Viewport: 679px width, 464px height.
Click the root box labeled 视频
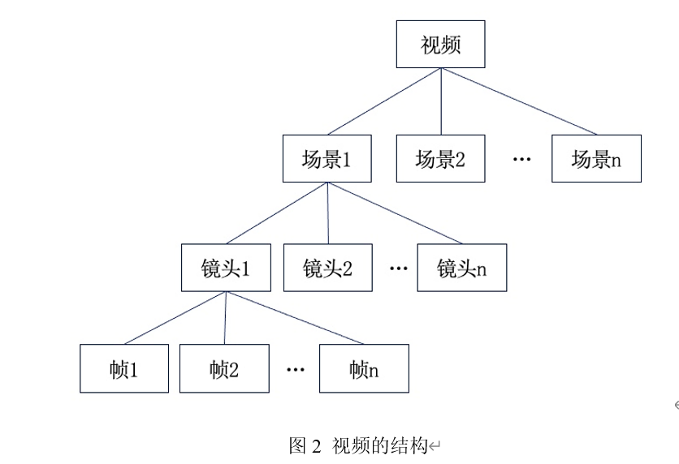[440, 45]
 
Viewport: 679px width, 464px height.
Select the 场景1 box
[327, 159]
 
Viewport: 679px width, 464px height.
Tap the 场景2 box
[440, 159]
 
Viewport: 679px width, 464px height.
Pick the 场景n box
[596, 159]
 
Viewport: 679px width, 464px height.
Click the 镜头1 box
[226, 268]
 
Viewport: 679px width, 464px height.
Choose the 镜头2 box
[327, 268]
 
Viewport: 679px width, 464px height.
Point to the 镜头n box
[461, 268]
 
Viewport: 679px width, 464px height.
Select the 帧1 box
[124, 369]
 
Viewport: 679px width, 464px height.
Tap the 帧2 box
[224, 369]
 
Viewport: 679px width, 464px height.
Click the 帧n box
[364, 369]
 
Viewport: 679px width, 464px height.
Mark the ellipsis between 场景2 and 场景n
[521, 159]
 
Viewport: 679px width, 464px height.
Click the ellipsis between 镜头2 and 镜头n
[398, 268]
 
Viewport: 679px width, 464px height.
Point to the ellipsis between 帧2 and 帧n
[296, 369]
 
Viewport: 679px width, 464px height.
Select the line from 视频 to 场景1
[383, 101]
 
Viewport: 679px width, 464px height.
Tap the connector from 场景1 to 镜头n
[394, 213]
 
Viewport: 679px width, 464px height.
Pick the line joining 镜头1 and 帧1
[175, 318]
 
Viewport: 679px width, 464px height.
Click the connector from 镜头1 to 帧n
[294, 318]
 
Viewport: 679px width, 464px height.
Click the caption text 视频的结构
[379, 445]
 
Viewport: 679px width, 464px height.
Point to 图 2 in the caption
[305, 445]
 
